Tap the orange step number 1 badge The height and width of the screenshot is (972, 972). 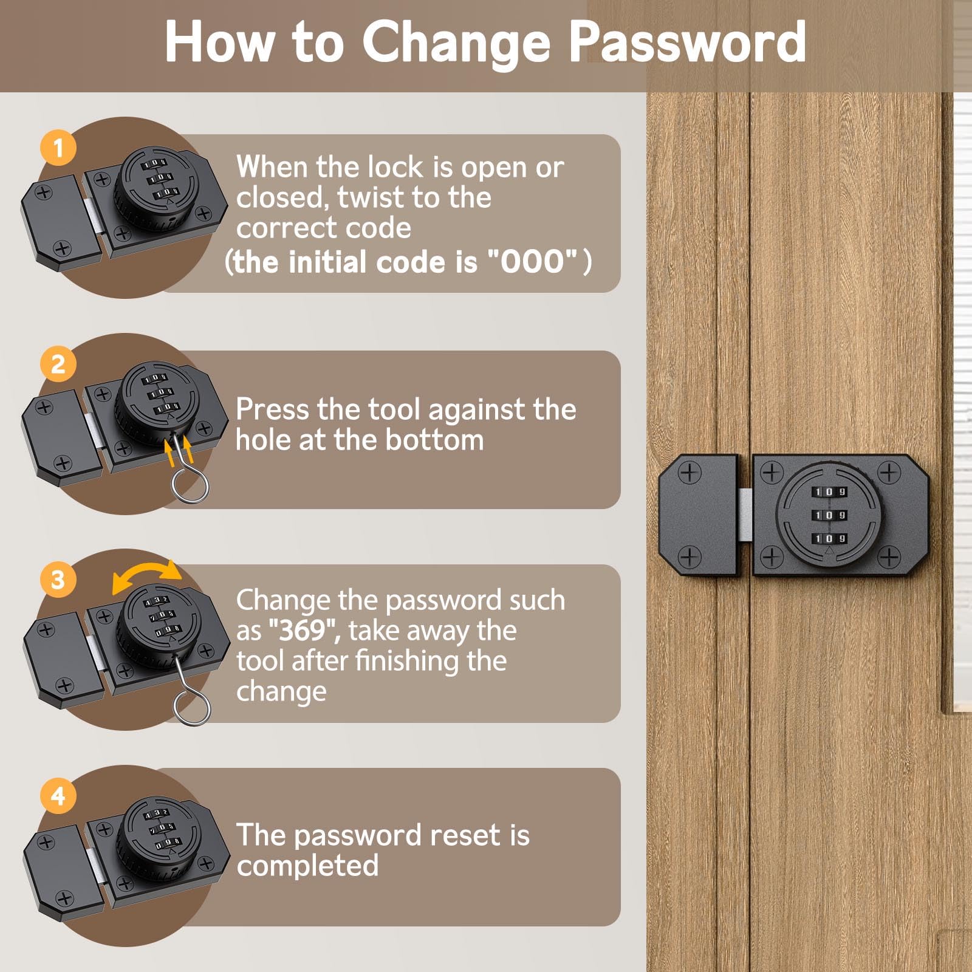[x=58, y=148]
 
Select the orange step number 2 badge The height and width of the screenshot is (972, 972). [x=58, y=364]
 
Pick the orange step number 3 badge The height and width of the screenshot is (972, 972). [x=58, y=580]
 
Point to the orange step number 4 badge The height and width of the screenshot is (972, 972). [x=58, y=796]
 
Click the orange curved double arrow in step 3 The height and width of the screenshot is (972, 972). [x=147, y=568]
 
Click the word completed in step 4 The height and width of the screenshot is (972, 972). [x=307, y=866]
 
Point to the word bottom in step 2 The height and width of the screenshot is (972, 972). [x=434, y=440]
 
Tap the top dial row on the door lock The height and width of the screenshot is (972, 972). [x=830, y=491]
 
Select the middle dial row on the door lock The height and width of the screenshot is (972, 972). [x=830, y=515]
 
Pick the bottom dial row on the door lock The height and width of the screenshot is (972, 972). [x=830, y=539]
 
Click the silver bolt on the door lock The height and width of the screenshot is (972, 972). [x=746, y=515]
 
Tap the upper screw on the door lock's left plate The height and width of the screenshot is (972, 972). [x=690, y=472]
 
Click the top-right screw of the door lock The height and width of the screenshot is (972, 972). [x=889, y=472]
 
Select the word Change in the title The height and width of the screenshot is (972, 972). [x=456, y=43]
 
